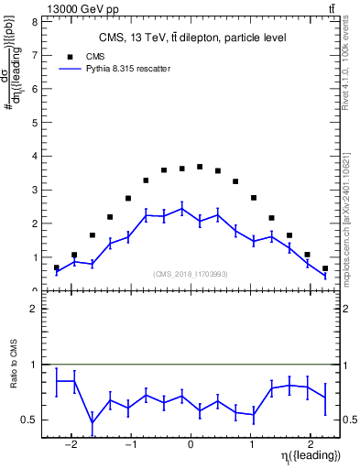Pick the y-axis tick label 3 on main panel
(34, 190)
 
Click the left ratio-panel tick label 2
(34, 310)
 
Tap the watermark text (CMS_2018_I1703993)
(191, 273)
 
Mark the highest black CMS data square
(200, 167)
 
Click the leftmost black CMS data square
(57, 268)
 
